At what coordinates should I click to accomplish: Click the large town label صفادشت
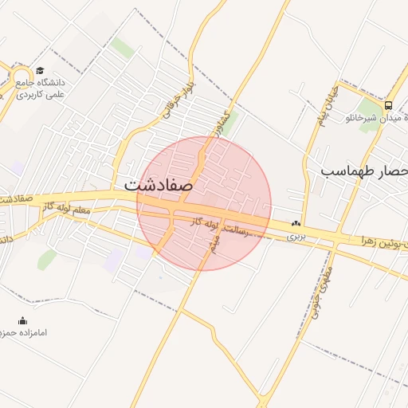tap(159, 184)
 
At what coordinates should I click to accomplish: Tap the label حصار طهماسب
tap(363, 171)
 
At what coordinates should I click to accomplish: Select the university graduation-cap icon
tap(40, 71)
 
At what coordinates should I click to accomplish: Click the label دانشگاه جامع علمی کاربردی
tap(40, 88)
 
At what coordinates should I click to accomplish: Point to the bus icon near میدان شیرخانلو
tap(388, 104)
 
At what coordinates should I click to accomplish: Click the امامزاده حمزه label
tap(23, 332)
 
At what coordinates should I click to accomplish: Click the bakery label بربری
tap(296, 236)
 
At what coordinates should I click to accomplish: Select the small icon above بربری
tap(296, 223)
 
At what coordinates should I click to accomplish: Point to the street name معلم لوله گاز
tap(68, 209)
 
